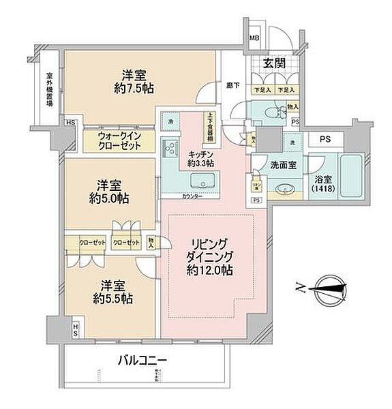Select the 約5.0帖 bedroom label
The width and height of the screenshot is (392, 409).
tap(110, 192)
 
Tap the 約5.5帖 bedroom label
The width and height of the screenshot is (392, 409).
tap(113, 292)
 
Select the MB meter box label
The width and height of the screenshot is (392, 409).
tap(254, 38)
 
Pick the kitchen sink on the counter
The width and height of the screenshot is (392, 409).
tap(202, 181)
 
